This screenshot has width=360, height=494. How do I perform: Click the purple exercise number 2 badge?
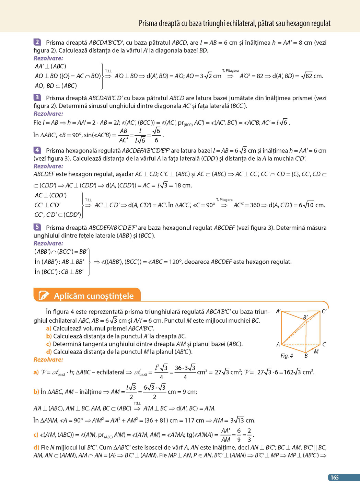(x=37, y=42)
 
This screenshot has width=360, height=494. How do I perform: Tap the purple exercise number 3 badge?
(x=37, y=97)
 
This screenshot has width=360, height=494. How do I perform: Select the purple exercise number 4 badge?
(x=37, y=150)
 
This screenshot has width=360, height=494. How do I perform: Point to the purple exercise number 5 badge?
(x=37, y=227)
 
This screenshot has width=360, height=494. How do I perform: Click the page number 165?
(x=334, y=477)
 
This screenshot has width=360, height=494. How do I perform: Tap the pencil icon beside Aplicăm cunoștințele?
(x=44, y=295)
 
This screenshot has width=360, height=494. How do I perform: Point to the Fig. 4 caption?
(x=287, y=356)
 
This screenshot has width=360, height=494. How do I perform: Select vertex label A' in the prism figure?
(x=278, y=311)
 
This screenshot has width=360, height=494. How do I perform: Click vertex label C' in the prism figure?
(x=324, y=311)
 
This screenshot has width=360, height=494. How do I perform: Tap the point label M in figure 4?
(x=316, y=352)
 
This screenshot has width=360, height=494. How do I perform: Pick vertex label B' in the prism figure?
(x=305, y=318)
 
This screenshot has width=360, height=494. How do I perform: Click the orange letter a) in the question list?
(x=48, y=329)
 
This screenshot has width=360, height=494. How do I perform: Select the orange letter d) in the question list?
(x=49, y=352)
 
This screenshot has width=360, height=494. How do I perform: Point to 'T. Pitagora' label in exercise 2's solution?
(x=230, y=71)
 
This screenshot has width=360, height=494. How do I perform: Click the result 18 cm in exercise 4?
(x=185, y=185)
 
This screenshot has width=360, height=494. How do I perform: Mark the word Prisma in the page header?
(x=148, y=23)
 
